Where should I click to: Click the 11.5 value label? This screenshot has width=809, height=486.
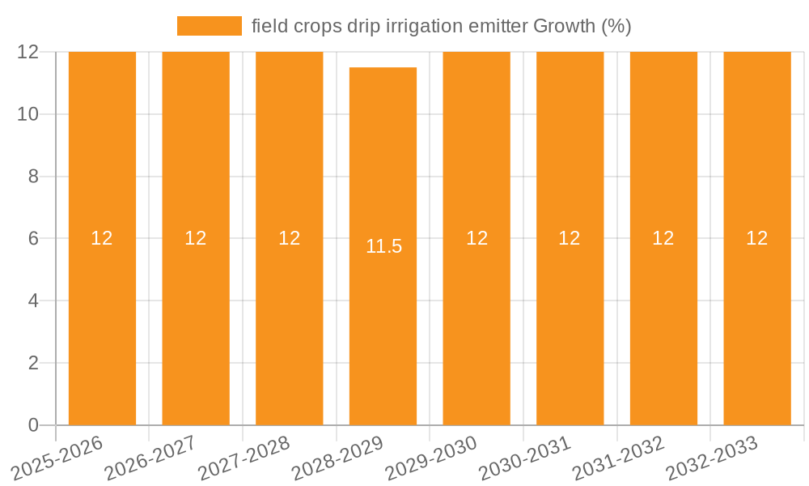(383, 246)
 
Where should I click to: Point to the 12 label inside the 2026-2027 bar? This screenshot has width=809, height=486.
(195, 238)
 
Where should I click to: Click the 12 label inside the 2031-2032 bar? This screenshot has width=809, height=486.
(663, 238)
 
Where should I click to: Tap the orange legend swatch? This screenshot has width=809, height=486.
(209, 26)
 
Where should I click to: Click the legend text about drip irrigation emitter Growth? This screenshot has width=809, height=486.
(441, 26)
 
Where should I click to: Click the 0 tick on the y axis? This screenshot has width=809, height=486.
(33, 425)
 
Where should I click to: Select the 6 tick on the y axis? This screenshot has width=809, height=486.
(33, 238)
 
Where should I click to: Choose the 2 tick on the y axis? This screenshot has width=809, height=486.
(33, 363)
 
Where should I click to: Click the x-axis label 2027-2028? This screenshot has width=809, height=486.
(245, 458)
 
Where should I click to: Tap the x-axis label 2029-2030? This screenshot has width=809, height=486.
(432, 458)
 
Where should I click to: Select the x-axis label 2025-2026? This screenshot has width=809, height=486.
(58, 458)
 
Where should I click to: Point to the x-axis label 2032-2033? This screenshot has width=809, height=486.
(713, 458)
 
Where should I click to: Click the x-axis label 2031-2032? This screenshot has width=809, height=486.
(619, 458)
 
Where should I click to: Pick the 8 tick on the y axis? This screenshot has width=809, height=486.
(33, 177)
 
